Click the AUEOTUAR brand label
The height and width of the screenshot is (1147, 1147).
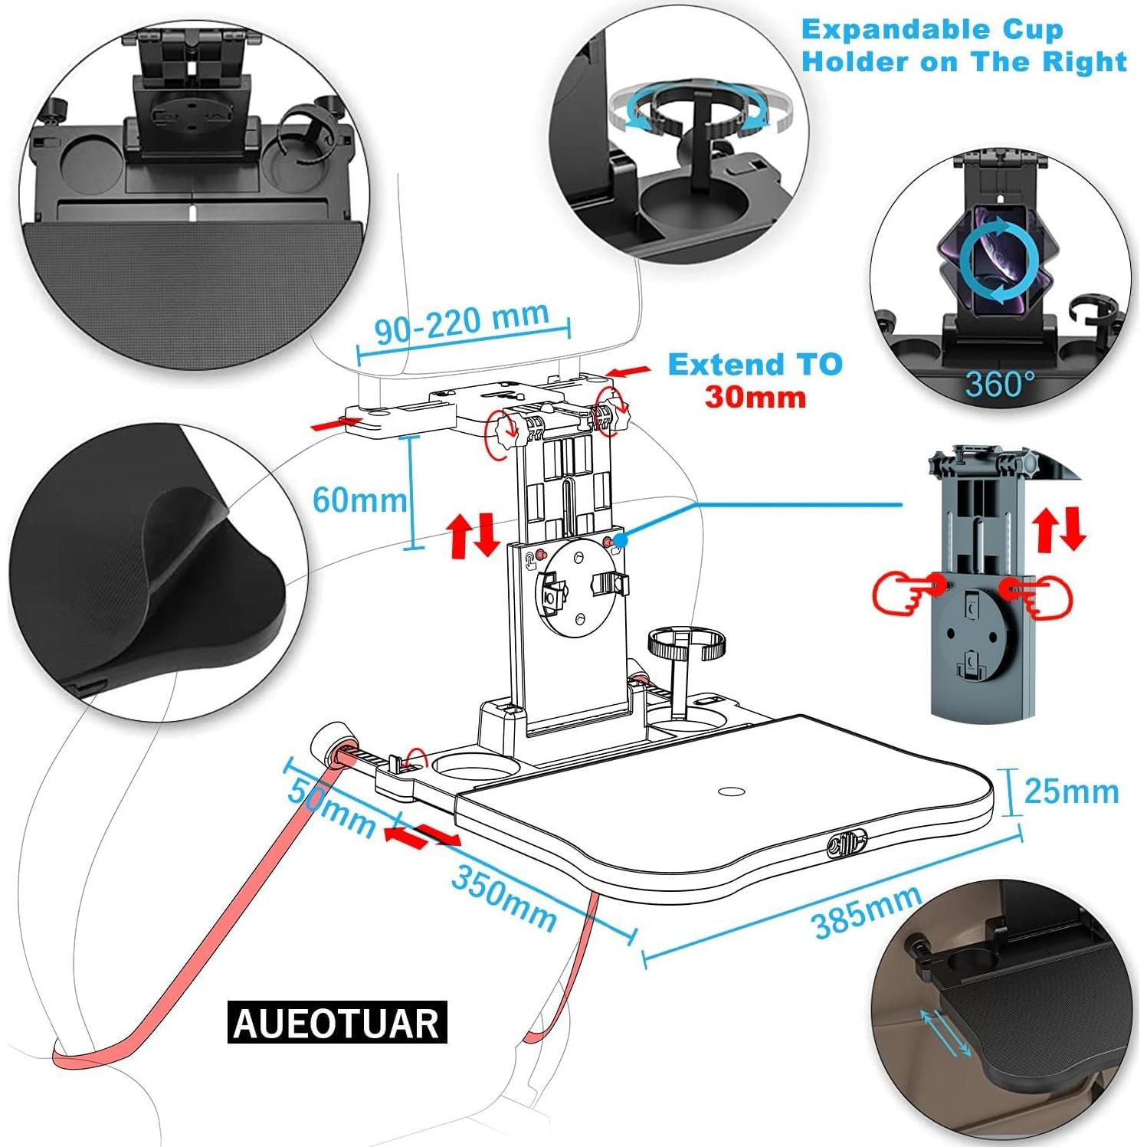point(337,1023)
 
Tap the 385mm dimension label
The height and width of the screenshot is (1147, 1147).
point(867,912)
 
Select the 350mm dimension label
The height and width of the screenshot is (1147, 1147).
point(503,897)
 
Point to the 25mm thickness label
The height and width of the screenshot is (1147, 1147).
point(1071,791)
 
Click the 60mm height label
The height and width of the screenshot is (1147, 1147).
point(360,500)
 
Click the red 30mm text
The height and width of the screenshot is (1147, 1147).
point(755,397)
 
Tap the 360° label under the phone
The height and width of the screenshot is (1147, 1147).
point(999,383)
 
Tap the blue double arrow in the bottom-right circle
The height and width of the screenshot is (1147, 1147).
point(948,1033)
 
